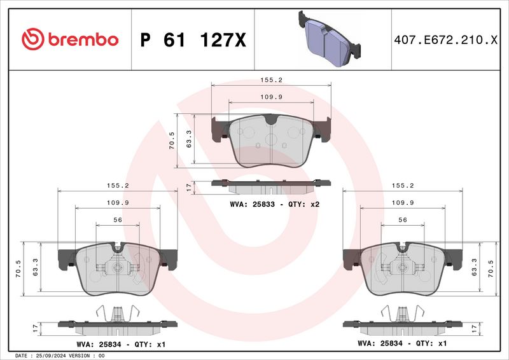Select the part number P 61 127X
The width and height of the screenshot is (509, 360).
tap(192, 40)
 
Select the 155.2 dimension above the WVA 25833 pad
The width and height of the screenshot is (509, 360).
tap(270, 81)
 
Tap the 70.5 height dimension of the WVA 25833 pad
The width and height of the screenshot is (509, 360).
tap(171, 141)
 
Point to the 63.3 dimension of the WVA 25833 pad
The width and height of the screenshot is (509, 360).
tap(188, 141)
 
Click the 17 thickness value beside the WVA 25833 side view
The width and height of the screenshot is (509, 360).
tap(188, 187)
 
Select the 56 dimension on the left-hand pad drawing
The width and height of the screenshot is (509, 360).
tap(117, 220)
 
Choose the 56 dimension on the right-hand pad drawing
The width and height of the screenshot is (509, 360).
tap(402, 220)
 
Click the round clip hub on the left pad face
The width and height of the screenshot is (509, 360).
tap(117, 268)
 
